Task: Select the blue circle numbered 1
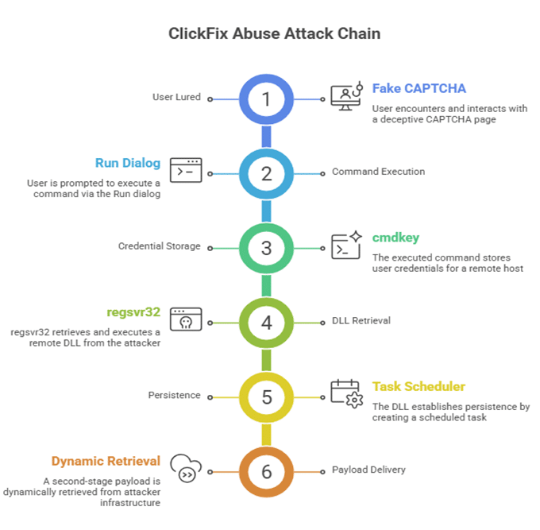coord(267,99)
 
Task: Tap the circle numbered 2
coord(267,173)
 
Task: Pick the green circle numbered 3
coord(267,247)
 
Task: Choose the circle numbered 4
coord(267,322)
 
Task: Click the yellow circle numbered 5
coord(267,396)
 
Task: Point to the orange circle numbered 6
coord(267,470)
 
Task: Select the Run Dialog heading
coord(128,163)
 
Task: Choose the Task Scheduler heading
coord(418,386)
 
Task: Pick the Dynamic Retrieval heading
coord(106,461)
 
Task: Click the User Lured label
coord(175,98)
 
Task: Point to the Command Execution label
coord(378,172)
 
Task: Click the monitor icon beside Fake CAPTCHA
coord(346,95)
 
